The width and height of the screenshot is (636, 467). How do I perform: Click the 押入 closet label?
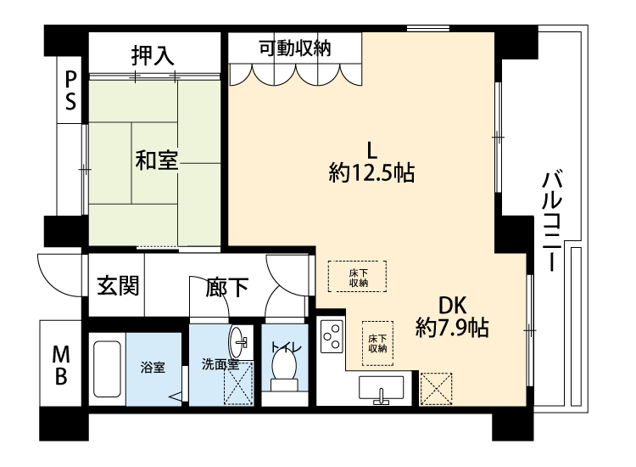click(153, 56)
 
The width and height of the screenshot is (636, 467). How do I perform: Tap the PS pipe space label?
click(70, 91)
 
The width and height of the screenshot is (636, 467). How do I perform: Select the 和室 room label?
click(157, 160)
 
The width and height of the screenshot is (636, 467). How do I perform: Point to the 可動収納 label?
click(295, 48)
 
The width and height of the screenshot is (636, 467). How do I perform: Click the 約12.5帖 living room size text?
click(371, 172)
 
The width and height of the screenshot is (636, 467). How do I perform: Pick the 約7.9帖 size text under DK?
click(452, 327)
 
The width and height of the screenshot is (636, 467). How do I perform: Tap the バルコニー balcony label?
click(552, 222)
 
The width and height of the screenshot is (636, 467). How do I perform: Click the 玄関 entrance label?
click(119, 285)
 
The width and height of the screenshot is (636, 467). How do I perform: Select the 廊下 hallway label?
click(226, 287)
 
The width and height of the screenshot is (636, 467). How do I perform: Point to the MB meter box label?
click(61, 365)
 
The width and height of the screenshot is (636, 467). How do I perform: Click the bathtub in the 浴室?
click(107, 369)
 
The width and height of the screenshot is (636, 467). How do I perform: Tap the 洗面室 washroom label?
click(220, 364)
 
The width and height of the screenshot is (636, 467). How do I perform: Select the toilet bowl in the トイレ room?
click(284, 370)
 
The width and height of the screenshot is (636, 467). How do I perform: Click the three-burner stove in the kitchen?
click(332, 336)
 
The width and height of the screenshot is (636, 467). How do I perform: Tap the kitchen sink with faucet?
click(381, 389)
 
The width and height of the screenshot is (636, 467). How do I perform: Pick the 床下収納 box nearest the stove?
click(377, 343)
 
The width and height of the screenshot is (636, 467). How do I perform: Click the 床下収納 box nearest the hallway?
click(357, 276)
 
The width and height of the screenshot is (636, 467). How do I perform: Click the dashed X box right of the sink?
click(436, 389)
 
